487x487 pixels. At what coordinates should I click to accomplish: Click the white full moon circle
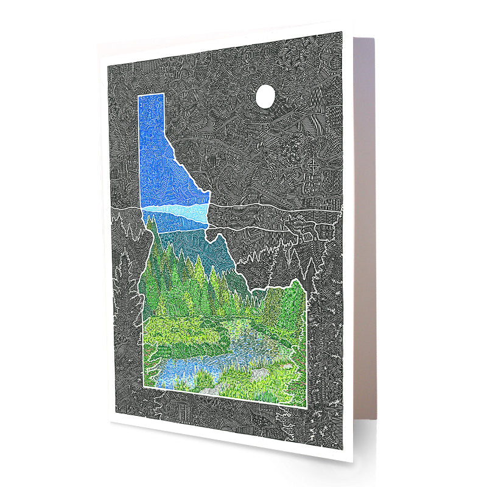pyautogui.click(x=265, y=96)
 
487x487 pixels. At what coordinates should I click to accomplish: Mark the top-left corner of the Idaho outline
pyautogui.click(x=139, y=96)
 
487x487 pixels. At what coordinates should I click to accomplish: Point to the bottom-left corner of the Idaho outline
pyautogui.click(x=144, y=387)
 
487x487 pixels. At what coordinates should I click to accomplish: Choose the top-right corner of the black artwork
pyautogui.click(x=342, y=32)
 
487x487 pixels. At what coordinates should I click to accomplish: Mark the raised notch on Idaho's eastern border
pyautogui.click(x=297, y=282)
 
